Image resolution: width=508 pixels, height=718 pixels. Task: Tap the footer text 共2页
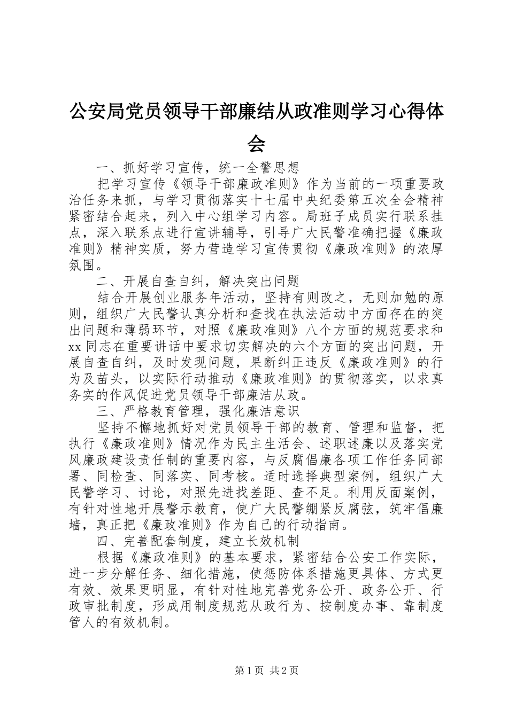point(284,670)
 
